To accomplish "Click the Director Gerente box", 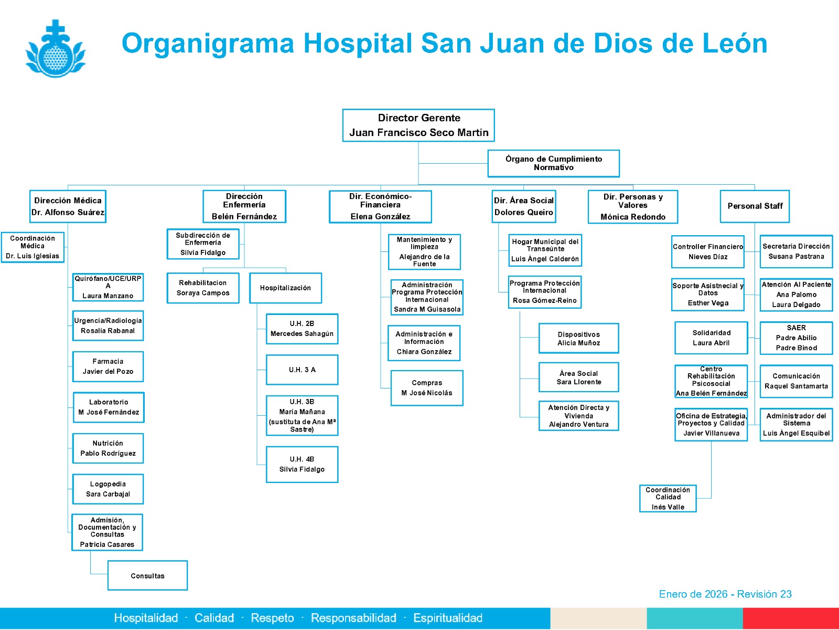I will [418, 125].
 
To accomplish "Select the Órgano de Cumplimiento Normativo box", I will [553, 163].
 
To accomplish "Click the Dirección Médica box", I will [68, 206].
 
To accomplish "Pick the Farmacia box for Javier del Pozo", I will [108, 366].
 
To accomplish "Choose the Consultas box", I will [147, 575].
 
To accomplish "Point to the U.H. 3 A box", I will [302, 370].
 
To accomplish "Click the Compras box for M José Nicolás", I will [427, 388].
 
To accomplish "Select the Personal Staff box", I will [755, 206].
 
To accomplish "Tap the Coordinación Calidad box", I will [668, 498].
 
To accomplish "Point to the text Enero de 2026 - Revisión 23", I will [725, 594].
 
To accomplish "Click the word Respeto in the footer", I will [272, 618].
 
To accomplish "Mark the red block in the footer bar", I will [791, 618].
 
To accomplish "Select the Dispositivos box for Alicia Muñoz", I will [578, 338].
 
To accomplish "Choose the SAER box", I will [796, 338].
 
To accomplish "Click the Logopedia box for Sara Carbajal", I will [108, 489].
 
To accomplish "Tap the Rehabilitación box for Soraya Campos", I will [203, 288].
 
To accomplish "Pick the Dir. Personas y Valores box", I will [633, 206].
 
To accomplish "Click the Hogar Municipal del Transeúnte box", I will [545, 250].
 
